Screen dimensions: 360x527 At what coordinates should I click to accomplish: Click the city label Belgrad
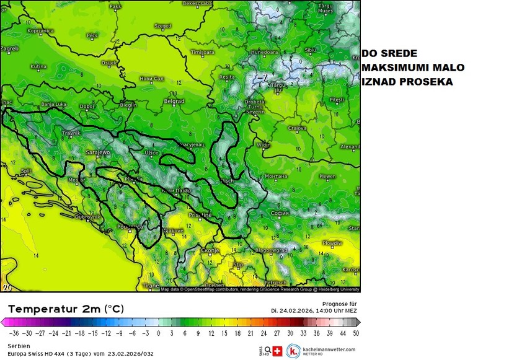tap(174, 100)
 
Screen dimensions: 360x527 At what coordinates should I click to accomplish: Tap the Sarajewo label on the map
tap(97, 152)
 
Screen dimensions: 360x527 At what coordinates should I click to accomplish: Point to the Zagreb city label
tap(10, 48)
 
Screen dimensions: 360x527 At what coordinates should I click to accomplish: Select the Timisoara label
tap(203, 53)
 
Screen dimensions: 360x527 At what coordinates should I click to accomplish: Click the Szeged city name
tap(163, 26)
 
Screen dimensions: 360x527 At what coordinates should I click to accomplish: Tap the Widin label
tap(263, 145)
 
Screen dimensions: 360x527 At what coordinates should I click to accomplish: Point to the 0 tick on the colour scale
tap(159, 333)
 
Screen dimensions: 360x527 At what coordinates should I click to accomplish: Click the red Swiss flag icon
tap(277, 351)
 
